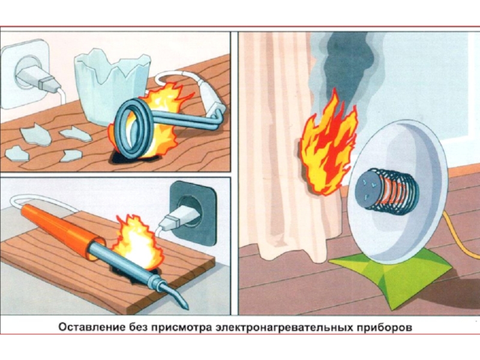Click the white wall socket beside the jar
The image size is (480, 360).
tap(24, 69)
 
